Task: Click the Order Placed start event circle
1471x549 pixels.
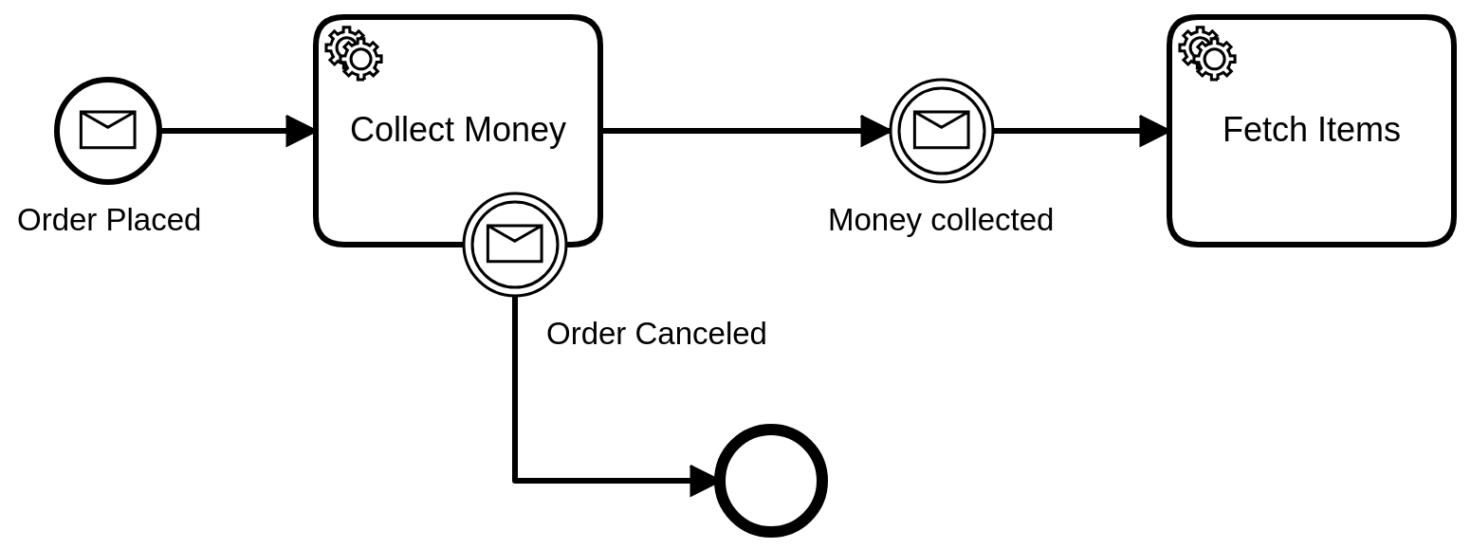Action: coord(107,130)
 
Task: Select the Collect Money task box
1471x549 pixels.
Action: coord(457,180)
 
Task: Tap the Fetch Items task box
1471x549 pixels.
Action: coord(1311,180)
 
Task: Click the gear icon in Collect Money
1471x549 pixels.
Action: coord(354,52)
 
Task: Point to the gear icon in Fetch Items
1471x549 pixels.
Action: coord(1207,52)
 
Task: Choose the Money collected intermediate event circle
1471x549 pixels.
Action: coord(941,130)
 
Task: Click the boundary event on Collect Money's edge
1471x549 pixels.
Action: coord(514,244)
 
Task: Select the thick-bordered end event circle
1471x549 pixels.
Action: coord(770,481)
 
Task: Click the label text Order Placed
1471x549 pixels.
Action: coord(109,220)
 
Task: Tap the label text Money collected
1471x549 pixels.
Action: coord(940,220)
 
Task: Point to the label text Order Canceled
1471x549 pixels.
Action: coord(656,334)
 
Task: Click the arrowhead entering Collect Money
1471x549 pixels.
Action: coord(300,131)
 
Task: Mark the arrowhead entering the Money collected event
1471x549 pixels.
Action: coord(874,131)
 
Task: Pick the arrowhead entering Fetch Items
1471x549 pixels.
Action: coord(1153,131)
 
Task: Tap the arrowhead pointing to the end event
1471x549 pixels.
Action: coord(703,481)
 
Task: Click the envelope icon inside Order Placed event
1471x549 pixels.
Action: coord(107,130)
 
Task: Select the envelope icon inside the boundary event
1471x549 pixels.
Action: coord(514,244)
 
